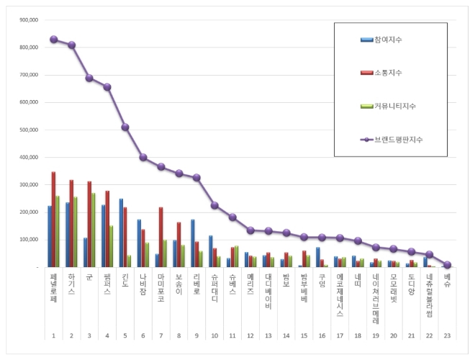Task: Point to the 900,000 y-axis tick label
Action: (27, 20)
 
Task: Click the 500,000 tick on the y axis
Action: (27, 130)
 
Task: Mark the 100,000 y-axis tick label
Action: (27, 240)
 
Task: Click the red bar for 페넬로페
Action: (53, 220)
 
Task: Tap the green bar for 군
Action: (94, 230)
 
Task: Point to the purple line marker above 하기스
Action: (71, 45)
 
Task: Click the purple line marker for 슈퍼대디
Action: (214, 205)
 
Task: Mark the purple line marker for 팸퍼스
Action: (107, 87)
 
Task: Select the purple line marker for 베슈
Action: (447, 264)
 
